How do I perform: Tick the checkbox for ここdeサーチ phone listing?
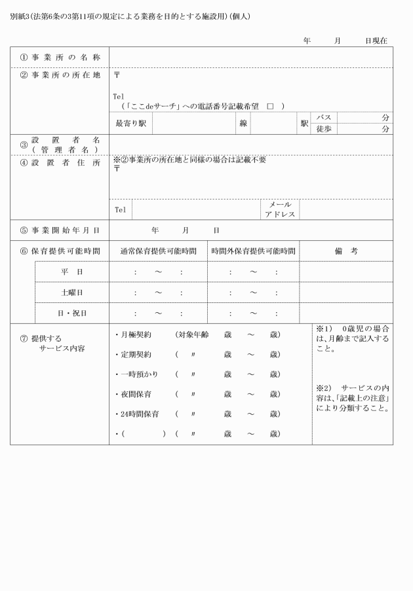coord(269,105)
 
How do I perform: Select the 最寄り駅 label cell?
coord(130,122)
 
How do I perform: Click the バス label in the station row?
coord(323,116)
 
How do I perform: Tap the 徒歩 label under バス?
coord(323,129)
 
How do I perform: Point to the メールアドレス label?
coord(280,209)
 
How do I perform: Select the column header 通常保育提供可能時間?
coord(158,251)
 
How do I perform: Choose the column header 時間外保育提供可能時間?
coord(253,251)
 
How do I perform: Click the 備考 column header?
coord(345,251)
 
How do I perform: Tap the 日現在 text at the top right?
coord(376,41)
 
